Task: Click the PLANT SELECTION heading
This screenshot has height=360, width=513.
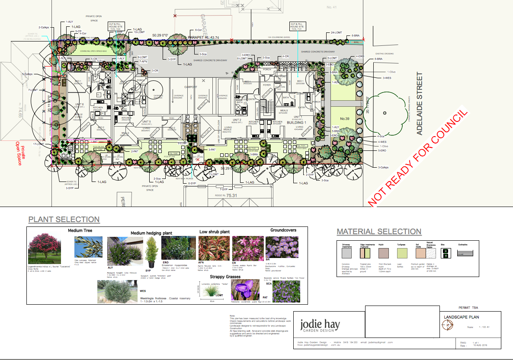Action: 64,220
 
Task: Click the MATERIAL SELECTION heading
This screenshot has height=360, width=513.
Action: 379,232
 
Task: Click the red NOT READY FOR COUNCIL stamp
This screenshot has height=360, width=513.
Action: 417,156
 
